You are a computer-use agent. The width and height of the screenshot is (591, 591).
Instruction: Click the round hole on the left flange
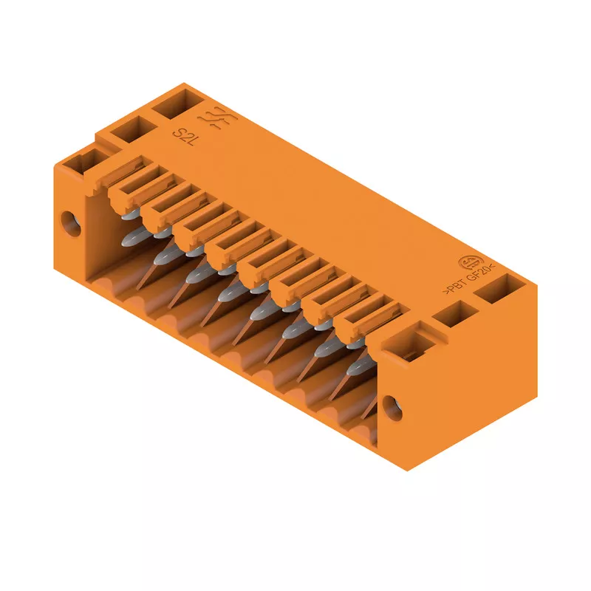[71, 224]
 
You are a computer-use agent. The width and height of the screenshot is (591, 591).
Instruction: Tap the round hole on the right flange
[392, 408]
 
